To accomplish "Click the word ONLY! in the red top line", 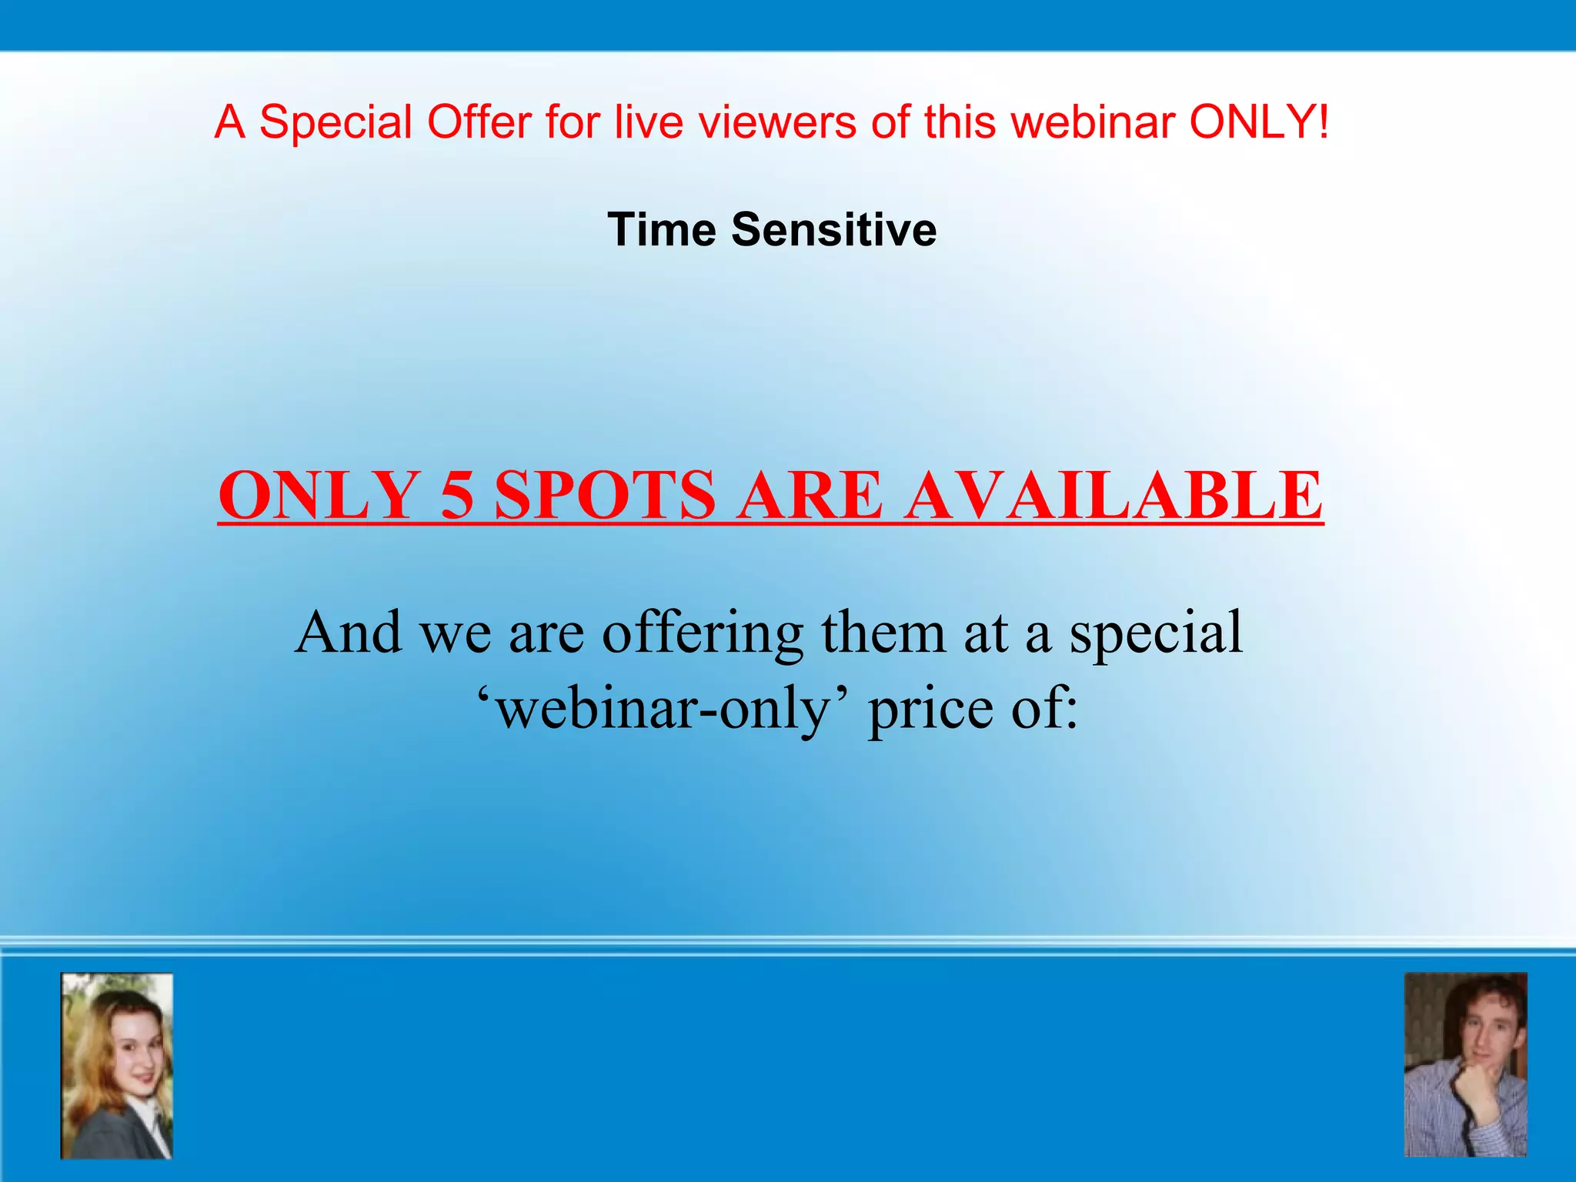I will pos(1259,122).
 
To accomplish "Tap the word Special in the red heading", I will pos(336,122).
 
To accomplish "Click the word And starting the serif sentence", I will pos(348,633).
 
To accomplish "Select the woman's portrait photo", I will pos(117,1066).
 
